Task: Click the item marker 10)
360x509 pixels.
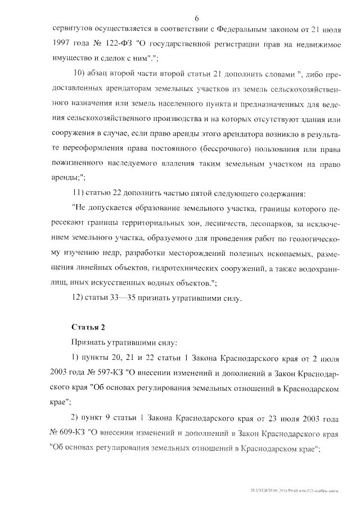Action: pos(80,75)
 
